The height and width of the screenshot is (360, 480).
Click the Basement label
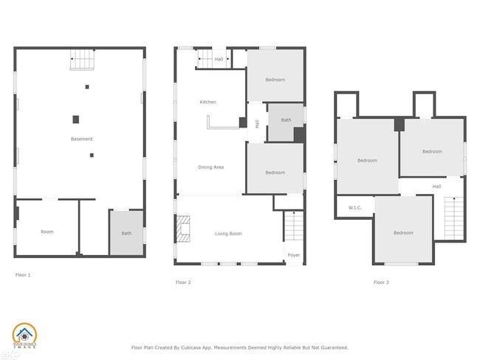point(82,139)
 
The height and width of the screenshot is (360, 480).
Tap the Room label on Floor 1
point(47,232)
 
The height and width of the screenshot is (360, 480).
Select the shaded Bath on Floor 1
point(126,233)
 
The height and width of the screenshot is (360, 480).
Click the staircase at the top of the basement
point(83,60)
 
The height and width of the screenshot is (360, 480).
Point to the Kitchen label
point(208,102)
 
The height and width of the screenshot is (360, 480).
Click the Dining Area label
point(211,167)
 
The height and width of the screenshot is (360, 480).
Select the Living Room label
point(228,234)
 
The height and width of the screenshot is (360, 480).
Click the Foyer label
point(294,255)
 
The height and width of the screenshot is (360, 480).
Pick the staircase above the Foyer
point(294,226)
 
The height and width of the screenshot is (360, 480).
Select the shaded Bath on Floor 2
point(285,121)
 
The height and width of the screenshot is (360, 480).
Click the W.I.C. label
point(354,207)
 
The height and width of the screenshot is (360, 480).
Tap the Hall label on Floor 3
point(436,187)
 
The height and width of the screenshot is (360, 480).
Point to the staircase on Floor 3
point(453,218)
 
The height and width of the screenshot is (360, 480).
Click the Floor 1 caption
point(23,274)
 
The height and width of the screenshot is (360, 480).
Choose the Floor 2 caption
point(183,282)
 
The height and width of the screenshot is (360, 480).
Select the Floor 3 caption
point(380,282)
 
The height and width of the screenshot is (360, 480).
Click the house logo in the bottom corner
point(24,336)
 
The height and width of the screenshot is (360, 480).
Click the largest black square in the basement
point(75,119)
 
